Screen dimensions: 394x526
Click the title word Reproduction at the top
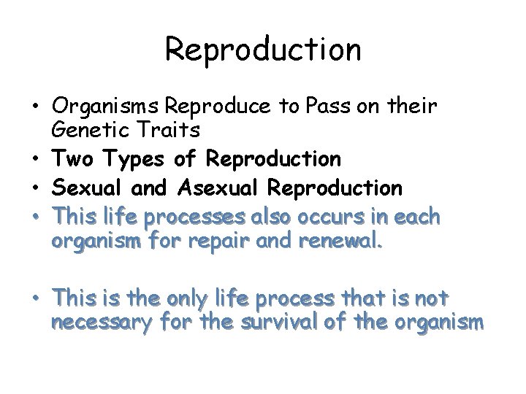point(263,50)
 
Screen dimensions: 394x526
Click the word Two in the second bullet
point(72,158)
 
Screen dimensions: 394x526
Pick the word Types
point(128,159)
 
